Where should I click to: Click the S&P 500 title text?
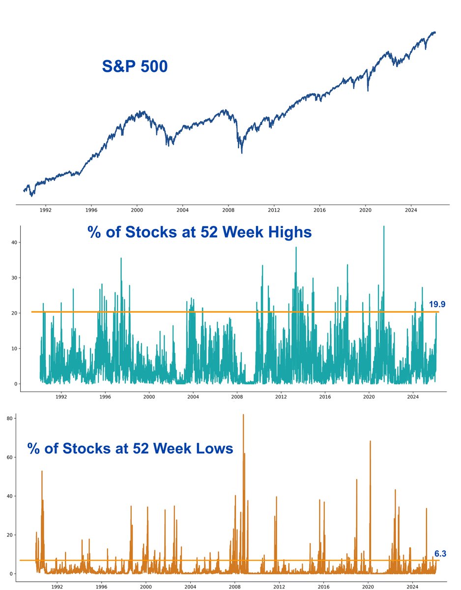pyautogui.click(x=135, y=66)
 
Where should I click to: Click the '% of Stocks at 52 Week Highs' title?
pyautogui.click(x=200, y=232)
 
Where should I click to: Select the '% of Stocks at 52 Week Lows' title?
pyautogui.click(x=130, y=448)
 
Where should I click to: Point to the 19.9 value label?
pyautogui.click(x=437, y=304)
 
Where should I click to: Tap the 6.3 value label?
pyautogui.click(x=440, y=554)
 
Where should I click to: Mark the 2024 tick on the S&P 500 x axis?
pyautogui.click(x=411, y=210)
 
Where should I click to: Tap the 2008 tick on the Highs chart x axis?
pyautogui.click(x=237, y=396)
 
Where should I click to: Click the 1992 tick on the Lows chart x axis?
pyautogui.click(x=57, y=587)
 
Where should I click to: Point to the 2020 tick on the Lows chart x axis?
pyautogui.click(x=369, y=587)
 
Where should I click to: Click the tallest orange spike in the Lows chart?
pyautogui.click(x=243, y=415)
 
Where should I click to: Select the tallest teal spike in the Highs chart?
pyautogui.click(x=384, y=227)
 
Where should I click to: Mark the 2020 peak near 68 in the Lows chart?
pyautogui.click(x=370, y=442)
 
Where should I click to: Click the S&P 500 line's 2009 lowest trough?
pyautogui.click(x=242, y=153)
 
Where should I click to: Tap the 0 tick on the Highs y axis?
pyautogui.click(x=16, y=384)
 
